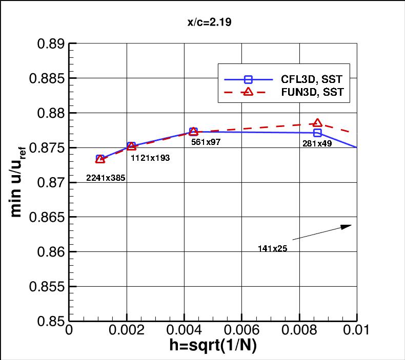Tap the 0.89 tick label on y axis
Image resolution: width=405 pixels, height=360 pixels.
coord(51,44)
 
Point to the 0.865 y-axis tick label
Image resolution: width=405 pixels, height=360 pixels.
coord(47,217)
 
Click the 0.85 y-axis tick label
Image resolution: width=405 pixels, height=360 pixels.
coord(51,321)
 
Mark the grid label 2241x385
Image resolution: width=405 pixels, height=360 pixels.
coord(106,178)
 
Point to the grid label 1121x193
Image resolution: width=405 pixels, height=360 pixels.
coord(150,158)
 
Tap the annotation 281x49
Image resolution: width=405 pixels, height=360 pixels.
coord(316,143)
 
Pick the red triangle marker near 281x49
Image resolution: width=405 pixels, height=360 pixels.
coord(317,123)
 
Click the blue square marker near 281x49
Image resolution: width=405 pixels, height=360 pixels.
coord(317,133)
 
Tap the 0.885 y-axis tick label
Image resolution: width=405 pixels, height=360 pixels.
coord(47,78)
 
